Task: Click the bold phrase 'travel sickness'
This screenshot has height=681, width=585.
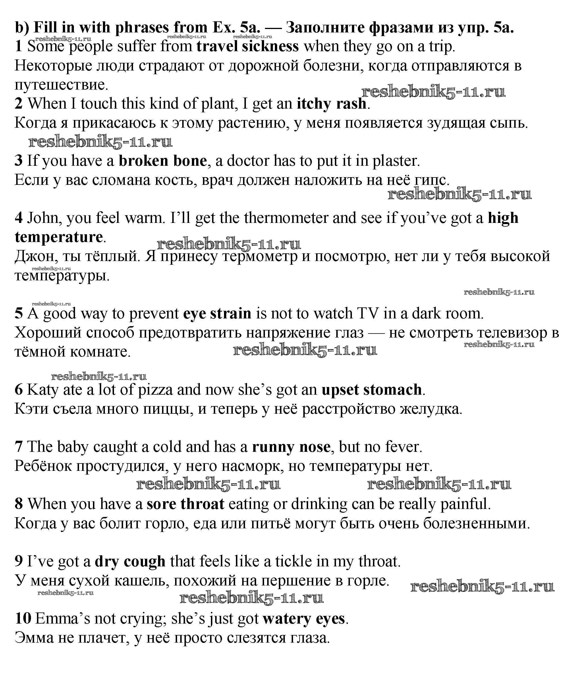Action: tap(248, 46)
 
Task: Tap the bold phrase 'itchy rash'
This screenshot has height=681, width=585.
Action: tap(331, 104)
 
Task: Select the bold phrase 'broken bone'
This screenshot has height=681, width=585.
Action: tap(163, 161)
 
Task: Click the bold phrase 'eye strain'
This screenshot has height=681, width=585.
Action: tap(217, 314)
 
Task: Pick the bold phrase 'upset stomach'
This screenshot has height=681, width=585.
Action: tap(371, 390)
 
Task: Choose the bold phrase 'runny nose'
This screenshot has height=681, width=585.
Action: tap(291, 447)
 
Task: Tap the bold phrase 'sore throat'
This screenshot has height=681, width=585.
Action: tap(185, 504)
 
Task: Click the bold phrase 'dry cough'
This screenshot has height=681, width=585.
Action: tap(130, 562)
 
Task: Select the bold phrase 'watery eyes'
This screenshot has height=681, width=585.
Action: tap(304, 619)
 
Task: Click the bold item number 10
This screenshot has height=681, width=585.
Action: tap(23, 619)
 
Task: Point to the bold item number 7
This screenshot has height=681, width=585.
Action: tap(19, 447)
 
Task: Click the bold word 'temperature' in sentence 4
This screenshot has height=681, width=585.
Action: tap(59, 237)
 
